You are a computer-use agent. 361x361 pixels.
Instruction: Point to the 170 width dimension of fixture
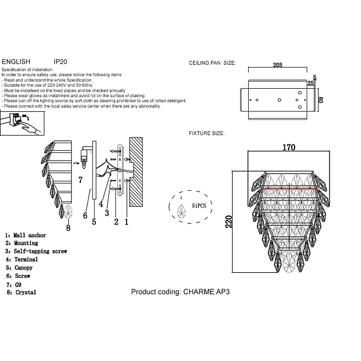tap(289, 147)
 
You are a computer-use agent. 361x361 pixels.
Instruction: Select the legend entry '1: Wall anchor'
tap(26, 236)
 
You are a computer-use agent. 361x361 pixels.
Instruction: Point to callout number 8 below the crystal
tap(68, 228)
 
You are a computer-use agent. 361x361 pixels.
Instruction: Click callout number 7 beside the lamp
tap(80, 179)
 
